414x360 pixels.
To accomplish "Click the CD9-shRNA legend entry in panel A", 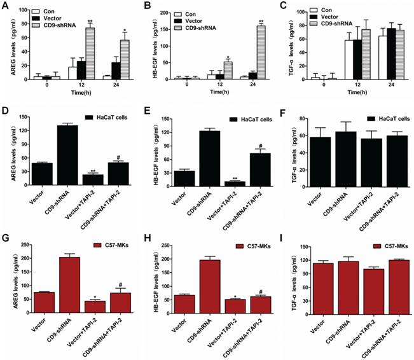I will tap(65, 26).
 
